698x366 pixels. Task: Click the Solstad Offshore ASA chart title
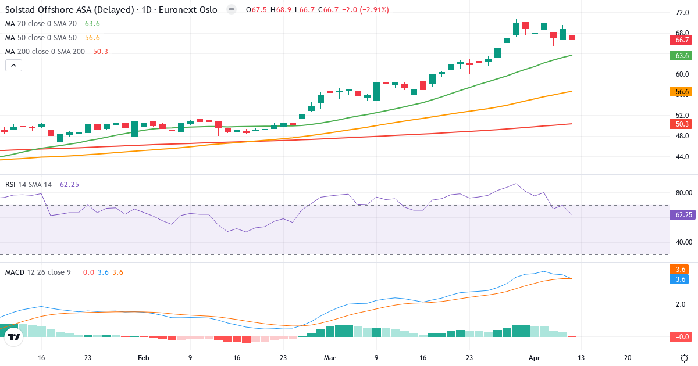(x=111, y=10)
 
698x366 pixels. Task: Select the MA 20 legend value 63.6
(x=92, y=24)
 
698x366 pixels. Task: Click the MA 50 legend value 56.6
(x=92, y=38)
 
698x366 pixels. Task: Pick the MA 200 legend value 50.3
(x=101, y=52)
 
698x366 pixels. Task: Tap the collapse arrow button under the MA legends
(x=13, y=66)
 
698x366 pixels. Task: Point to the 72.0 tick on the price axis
(x=682, y=12)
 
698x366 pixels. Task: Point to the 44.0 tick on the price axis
(x=682, y=157)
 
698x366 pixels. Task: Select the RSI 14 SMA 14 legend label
(x=29, y=185)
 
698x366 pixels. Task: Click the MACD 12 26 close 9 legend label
(x=38, y=272)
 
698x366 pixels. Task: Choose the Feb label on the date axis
(x=144, y=358)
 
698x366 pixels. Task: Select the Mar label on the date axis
(x=330, y=358)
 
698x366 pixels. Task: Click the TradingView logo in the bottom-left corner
(x=13, y=336)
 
